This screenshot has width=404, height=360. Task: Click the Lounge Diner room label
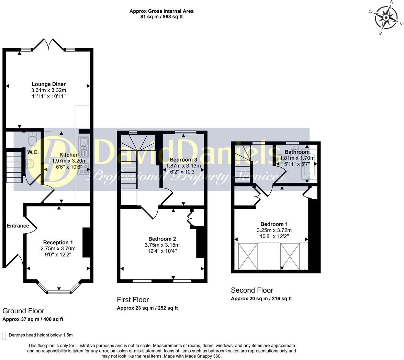click(48, 84)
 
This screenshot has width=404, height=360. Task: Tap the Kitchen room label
click(69, 155)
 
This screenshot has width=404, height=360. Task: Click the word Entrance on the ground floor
click(18, 226)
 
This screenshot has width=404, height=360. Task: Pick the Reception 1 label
click(58, 243)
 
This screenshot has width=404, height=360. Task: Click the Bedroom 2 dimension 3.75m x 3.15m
click(162, 245)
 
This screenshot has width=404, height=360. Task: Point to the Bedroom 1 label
click(274, 224)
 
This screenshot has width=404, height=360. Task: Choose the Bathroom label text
click(297, 152)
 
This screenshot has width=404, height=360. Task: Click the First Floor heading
click(133, 300)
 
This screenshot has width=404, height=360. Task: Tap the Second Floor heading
click(252, 290)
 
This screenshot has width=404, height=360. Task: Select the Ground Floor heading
click(23, 311)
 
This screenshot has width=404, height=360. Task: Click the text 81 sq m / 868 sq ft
click(161, 16)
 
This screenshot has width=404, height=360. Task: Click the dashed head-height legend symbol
click(4, 336)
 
